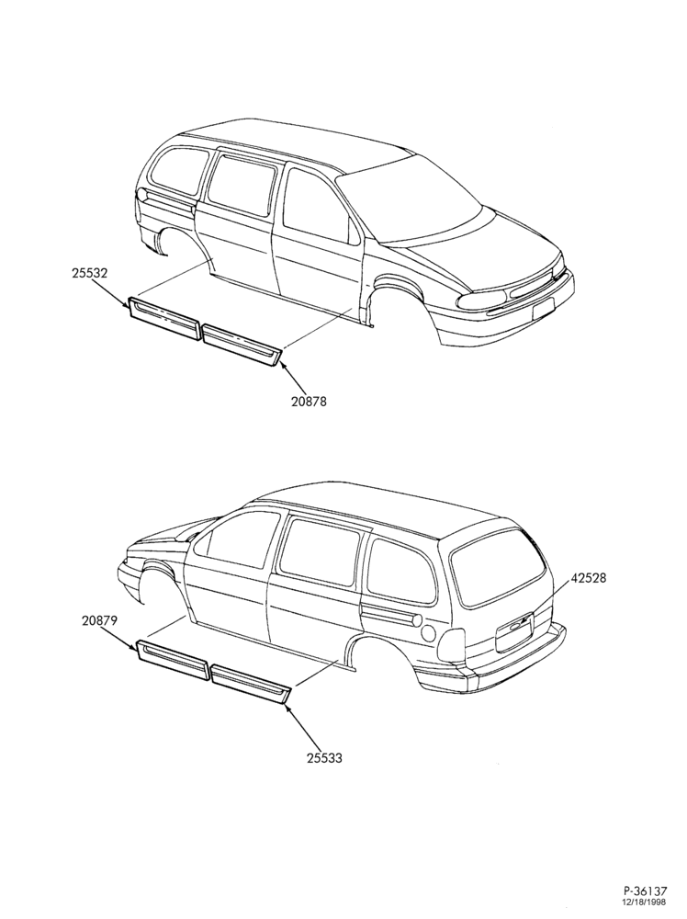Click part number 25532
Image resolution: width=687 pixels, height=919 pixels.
90,274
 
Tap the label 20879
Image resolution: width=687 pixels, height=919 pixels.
99,622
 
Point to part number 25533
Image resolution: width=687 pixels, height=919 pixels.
324,758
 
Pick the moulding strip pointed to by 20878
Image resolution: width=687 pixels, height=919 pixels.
242,346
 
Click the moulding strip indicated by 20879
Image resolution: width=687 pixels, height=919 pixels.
173,660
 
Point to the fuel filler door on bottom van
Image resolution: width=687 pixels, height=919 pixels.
429,633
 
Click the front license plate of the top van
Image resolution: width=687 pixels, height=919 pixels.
544,307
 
